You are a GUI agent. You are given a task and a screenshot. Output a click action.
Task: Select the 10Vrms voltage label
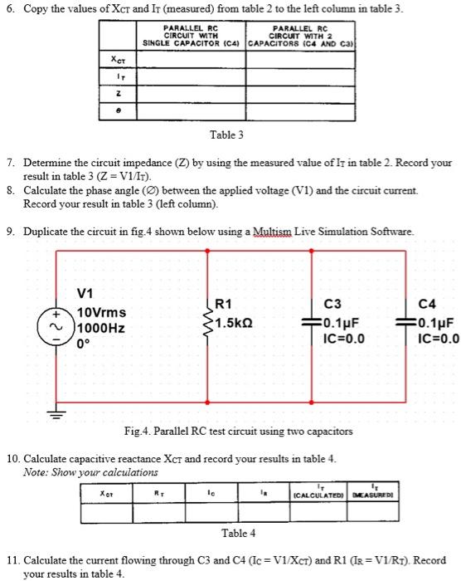pos(102,313)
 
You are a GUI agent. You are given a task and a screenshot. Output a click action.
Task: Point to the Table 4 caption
pos(238,532)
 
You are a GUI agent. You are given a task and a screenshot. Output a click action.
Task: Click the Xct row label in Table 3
pos(119,60)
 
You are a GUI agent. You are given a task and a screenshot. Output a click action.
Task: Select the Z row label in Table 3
pos(119,95)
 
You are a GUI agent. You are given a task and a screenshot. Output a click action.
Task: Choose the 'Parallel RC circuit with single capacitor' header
pos(192,36)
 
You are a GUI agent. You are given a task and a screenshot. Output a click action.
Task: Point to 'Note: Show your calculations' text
pos(79,471)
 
